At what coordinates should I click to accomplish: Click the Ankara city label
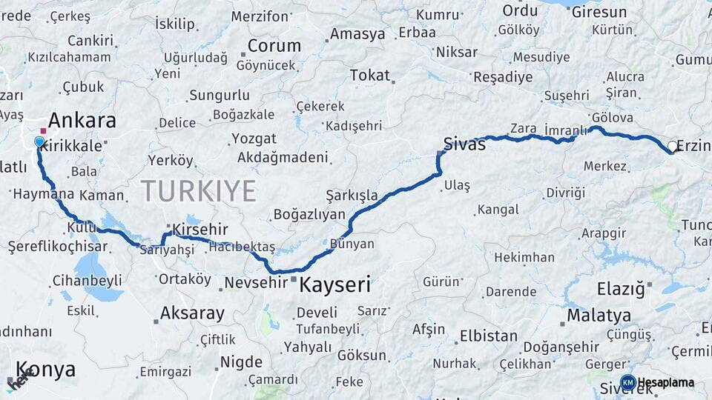click(82, 120)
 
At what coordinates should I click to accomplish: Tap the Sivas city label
click(464, 144)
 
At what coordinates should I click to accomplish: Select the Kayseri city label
click(334, 284)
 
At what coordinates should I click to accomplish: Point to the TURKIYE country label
click(200, 190)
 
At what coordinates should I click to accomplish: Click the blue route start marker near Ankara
click(39, 141)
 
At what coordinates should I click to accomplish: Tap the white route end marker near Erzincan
click(672, 147)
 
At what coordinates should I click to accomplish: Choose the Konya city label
click(45, 370)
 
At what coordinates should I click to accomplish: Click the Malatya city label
click(599, 316)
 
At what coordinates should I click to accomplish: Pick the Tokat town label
click(369, 75)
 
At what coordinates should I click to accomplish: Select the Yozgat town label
click(254, 139)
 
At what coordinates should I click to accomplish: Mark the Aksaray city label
click(192, 313)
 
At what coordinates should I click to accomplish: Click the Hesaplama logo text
click(666, 382)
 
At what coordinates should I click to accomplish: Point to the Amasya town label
click(357, 34)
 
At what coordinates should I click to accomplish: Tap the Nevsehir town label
click(255, 282)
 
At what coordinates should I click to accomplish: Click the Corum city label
click(274, 45)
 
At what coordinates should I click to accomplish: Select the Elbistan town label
click(488, 335)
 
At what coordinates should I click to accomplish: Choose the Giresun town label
click(599, 13)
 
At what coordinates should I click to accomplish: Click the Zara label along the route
click(524, 128)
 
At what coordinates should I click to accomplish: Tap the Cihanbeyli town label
click(88, 281)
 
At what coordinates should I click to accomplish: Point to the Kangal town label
click(498, 210)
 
